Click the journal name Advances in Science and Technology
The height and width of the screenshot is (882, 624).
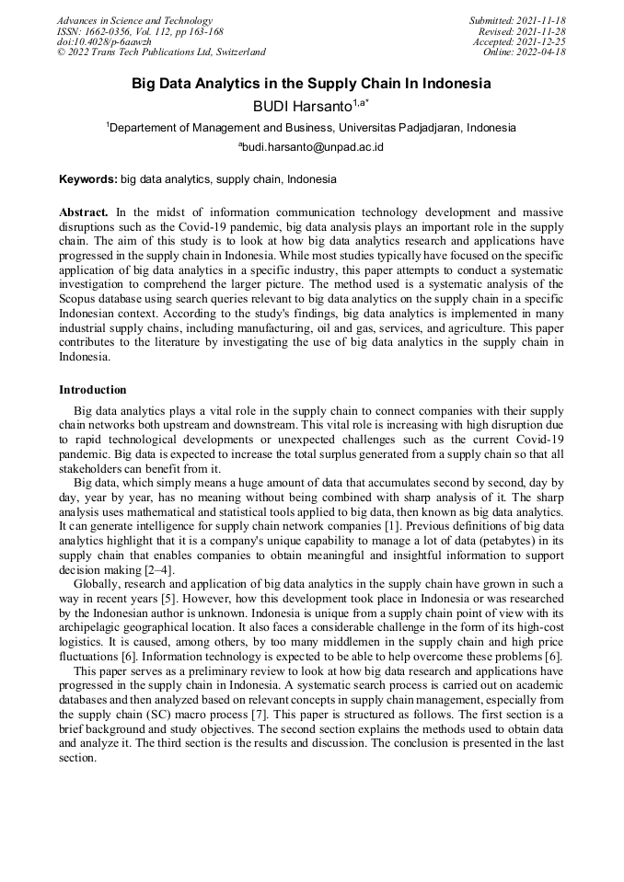(134, 20)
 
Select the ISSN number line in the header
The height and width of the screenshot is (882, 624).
(140, 31)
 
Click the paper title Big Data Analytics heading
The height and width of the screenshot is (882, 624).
(311, 84)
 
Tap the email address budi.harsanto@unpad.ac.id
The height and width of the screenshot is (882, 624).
(312, 147)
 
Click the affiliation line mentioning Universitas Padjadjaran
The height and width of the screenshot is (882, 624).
(311, 128)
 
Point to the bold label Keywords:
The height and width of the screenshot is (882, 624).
(88, 179)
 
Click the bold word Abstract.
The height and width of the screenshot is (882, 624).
(86, 212)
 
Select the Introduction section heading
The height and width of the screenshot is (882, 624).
(93, 390)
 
